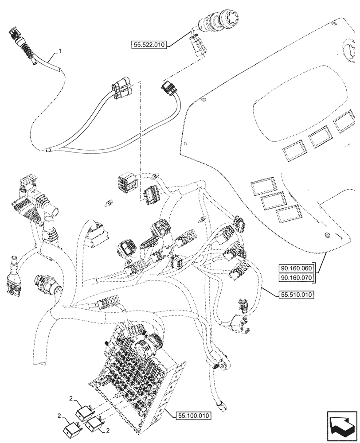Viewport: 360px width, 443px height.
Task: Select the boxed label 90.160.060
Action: click(x=296, y=268)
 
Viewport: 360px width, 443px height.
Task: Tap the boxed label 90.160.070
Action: click(x=296, y=278)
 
